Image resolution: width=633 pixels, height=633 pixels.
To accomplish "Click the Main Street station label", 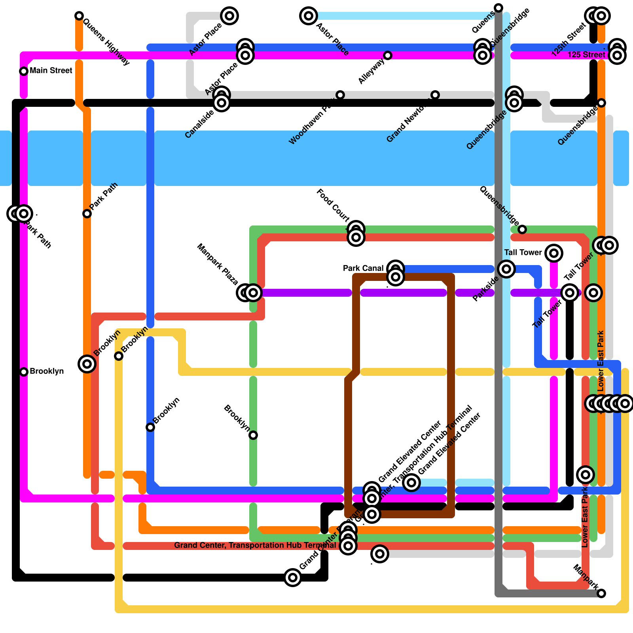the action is pyautogui.click(x=51, y=71).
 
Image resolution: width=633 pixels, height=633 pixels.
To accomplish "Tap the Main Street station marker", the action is pyautogui.click(x=24, y=71).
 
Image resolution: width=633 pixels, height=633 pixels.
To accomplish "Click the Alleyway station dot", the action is pyautogui.click(x=388, y=55).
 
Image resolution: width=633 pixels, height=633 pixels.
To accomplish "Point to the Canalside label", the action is pyautogui.click(x=199, y=124).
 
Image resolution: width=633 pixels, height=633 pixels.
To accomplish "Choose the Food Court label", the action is pyautogui.click(x=333, y=205).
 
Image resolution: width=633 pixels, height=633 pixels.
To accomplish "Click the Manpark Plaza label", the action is pyautogui.click(x=218, y=265).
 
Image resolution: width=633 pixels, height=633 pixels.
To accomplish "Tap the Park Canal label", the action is pyautogui.click(x=363, y=268).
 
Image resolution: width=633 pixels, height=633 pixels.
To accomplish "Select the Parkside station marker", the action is pyautogui.click(x=506, y=269).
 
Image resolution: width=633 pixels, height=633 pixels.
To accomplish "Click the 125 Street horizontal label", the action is pyautogui.click(x=586, y=55).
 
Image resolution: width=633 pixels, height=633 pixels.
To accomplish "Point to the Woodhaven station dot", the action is pyautogui.click(x=340, y=95).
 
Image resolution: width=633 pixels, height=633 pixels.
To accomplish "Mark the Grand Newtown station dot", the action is pyautogui.click(x=435, y=95).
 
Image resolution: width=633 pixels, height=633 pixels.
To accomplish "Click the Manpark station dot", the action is pyautogui.click(x=601, y=593).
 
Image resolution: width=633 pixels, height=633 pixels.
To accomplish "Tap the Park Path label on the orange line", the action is pyautogui.click(x=104, y=196).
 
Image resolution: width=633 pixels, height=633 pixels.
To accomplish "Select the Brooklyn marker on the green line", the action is pyautogui.click(x=253, y=435).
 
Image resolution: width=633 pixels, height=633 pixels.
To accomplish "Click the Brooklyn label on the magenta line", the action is pyautogui.click(x=47, y=371).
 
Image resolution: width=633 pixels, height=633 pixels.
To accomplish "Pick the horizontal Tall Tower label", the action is pyautogui.click(x=523, y=252).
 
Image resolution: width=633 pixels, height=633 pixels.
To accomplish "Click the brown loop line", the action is pyautogui.click(x=451, y=396).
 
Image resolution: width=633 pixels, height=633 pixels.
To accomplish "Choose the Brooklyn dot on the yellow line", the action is pyautogui.click(x=119, y=356).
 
